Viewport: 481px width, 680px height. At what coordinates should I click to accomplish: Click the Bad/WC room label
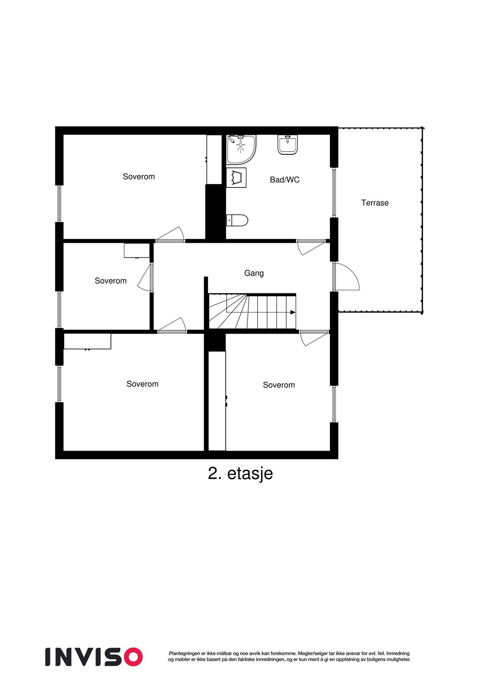pos(285,180)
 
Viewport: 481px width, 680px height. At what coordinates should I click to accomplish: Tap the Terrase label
pos(375,203)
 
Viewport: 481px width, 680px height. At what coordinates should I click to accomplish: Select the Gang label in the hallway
pos(254,273)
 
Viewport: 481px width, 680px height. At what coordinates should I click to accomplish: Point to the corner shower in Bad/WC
pos(241,149)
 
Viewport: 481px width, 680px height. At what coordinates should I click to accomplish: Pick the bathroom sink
pos(288,145)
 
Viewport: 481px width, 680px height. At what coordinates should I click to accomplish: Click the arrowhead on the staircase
pos(293,313)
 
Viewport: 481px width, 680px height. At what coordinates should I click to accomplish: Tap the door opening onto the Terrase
pos(346,276)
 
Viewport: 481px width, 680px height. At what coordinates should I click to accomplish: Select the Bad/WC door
pos(311,246)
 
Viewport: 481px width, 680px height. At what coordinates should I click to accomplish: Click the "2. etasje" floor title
pos(240,473)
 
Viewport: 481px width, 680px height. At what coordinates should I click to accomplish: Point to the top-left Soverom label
pos(139,177)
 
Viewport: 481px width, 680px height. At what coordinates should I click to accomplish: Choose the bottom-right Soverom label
pos(279,385)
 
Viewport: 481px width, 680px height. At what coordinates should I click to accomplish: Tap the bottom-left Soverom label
pos(142,384)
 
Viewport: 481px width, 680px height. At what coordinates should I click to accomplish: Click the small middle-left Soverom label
pos(111,281)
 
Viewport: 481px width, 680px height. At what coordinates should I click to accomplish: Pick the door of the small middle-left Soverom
pos(145,277)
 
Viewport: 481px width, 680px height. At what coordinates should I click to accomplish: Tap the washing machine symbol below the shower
pos(236,178)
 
